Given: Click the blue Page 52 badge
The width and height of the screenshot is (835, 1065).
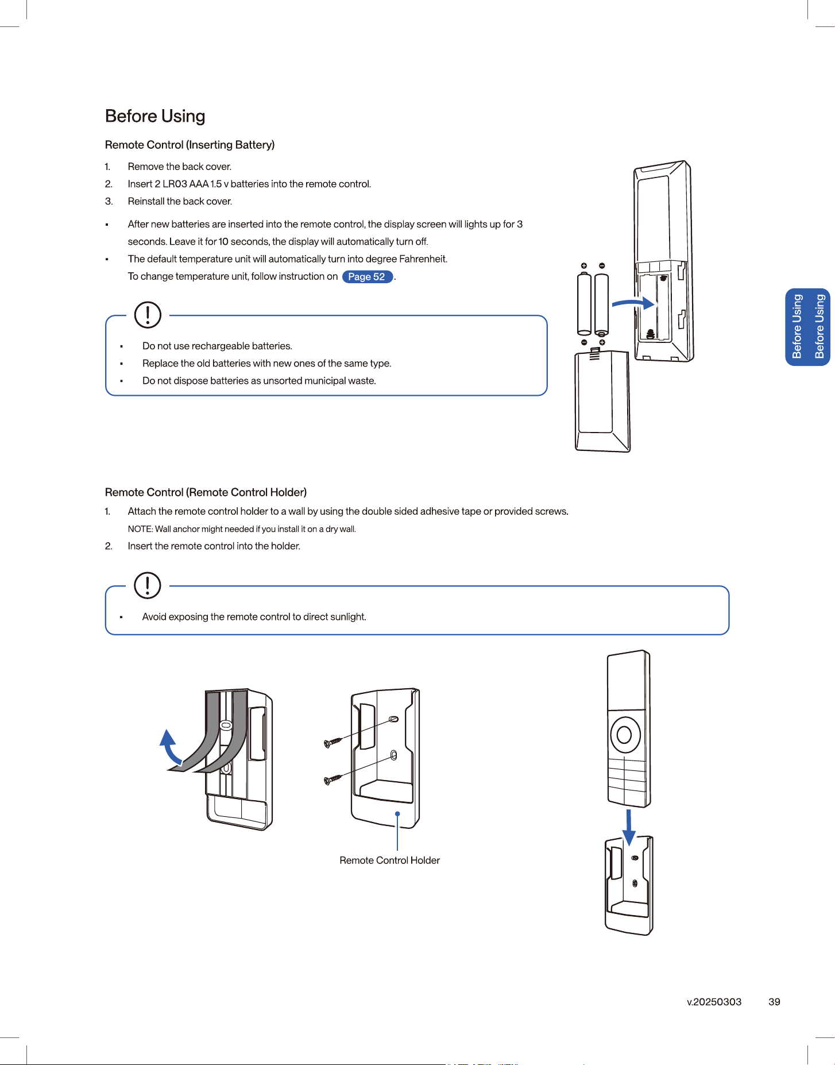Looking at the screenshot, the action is [x=368, y=277].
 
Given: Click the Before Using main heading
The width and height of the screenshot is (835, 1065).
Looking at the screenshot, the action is [x=155, y=117].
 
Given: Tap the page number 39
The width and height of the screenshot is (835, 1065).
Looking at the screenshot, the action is [x=774, y=1002].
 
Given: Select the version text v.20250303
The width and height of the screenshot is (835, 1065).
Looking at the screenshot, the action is [x=714, y=1002].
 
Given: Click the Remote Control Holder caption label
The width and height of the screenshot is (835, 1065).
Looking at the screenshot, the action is [x=389, y=860].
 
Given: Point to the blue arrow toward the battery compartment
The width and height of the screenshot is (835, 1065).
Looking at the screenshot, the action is [x=634, y=303].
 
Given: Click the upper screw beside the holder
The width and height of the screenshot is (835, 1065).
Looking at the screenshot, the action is [x=333, y=742].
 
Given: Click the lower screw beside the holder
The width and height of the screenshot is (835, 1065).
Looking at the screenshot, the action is [x=333, y=779].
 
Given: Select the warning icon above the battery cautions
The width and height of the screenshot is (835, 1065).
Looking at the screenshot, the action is [x=148, y=315].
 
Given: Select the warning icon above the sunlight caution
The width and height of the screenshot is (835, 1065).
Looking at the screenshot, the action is [x=148, y=585].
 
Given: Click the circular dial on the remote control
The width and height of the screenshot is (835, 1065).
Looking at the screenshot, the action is [x=625, y=734].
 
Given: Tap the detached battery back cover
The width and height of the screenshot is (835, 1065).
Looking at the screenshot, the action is [x=602, y=401].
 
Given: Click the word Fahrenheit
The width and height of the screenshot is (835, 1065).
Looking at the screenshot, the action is [x=423, y=259].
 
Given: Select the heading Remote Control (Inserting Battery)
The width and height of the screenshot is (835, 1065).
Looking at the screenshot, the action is [x=190, y=145].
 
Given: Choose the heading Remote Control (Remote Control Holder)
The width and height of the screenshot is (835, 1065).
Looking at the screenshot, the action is [x=206, y=492].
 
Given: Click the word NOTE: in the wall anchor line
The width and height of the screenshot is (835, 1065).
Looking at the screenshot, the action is [x=140, y=529].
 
